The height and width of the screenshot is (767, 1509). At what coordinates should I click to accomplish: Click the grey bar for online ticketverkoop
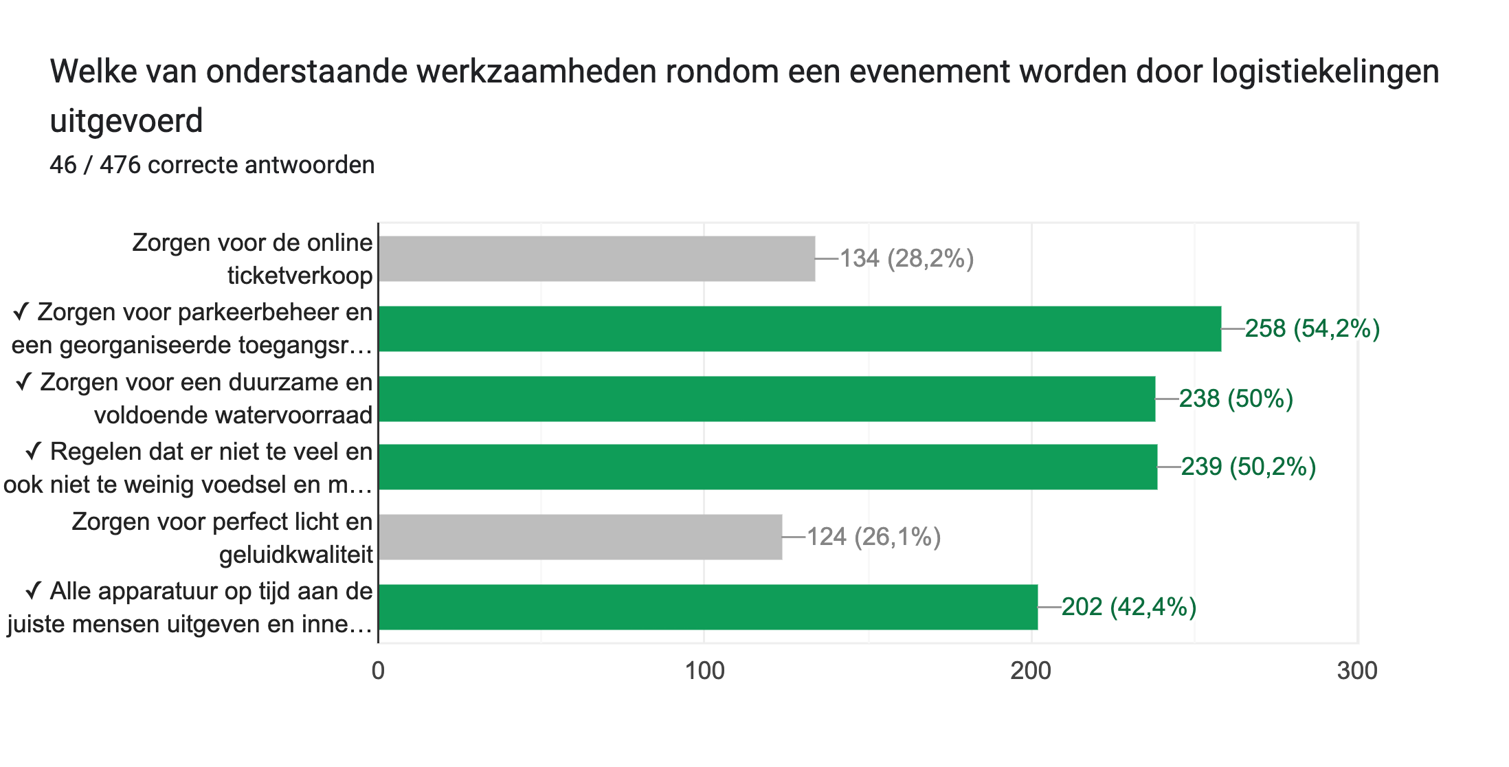point(596,258)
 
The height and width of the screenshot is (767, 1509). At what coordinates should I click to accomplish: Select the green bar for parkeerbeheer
point(799,329)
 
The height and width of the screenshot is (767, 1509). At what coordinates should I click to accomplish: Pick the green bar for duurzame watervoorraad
point(766,399)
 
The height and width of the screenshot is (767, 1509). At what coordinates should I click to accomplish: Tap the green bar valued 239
point(768,467)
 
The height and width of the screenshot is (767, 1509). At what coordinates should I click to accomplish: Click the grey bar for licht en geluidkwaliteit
point(580,537)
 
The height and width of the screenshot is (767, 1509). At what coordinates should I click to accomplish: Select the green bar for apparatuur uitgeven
point(708,607)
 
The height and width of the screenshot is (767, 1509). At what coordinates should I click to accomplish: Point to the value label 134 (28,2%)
point(906,259)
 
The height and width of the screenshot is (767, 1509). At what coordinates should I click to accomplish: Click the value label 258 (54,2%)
point(1312,329)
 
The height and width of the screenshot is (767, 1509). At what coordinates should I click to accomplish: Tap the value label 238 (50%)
point(1236,399)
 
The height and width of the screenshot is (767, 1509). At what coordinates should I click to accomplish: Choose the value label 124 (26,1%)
point(873,537)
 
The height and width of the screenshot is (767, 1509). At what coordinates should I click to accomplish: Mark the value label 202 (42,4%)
point(1128,608)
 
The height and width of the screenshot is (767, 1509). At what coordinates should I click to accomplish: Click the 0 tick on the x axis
point(378,671)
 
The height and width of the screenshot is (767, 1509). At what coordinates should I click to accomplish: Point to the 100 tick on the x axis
point(705,671)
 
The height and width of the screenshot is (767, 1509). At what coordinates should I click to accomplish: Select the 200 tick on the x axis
point(1031,671)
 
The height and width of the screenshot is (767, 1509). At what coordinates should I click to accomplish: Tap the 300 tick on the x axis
point(1357,671)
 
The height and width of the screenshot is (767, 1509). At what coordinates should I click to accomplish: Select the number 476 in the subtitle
point(120,166)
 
